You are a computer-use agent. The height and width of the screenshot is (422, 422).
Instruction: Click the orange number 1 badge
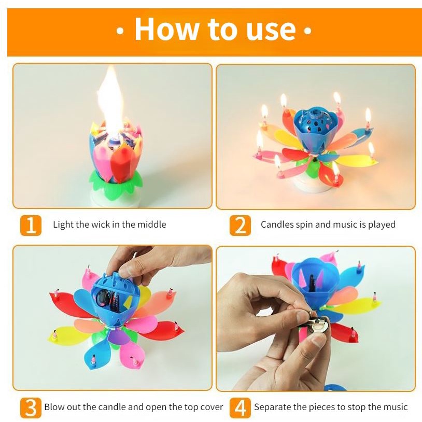31,226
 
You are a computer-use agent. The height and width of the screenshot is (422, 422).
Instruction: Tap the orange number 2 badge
240,226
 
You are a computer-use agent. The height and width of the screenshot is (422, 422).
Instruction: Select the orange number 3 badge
31,407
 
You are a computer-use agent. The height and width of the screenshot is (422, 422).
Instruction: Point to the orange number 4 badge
240,407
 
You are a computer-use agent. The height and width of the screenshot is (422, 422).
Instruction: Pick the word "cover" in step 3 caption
212,406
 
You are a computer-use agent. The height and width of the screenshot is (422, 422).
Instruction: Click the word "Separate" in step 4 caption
272,407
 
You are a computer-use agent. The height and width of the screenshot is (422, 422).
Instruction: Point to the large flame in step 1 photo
110,102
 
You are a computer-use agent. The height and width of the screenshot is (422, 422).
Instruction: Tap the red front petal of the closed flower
122,165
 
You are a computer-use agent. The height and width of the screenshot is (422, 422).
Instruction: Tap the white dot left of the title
120,31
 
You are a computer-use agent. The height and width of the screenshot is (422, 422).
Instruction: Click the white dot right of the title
307,31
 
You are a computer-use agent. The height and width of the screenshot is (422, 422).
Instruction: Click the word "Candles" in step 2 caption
277,224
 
